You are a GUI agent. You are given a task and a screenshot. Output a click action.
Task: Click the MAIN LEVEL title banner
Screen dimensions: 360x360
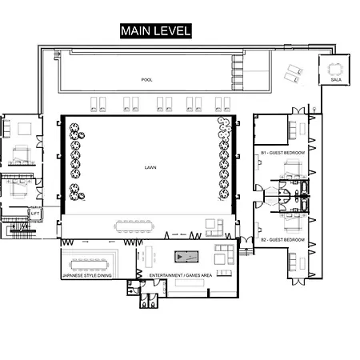click(156, 31)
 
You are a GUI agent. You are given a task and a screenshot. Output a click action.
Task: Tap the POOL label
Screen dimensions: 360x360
click(146, 80)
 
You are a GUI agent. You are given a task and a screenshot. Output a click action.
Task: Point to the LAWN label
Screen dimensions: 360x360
click(150, 167)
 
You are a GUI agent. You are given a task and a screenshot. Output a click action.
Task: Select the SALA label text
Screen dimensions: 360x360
click(336, 80)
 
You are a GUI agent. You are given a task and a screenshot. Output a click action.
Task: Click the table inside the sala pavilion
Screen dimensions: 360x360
click(334, 70)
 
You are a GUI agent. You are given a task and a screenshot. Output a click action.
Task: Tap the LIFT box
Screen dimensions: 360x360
click(35, 214)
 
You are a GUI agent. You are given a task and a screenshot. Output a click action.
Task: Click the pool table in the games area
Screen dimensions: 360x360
click(186, 257)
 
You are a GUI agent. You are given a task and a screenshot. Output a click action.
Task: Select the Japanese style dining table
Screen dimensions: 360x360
click(89, 265)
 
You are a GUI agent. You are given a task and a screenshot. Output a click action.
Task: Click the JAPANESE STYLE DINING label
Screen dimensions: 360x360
click(87, 275)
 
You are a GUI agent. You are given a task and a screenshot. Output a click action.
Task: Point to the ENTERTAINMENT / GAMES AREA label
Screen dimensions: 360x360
click(181, 275)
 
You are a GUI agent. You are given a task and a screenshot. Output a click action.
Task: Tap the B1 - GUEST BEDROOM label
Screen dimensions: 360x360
click(282, 153)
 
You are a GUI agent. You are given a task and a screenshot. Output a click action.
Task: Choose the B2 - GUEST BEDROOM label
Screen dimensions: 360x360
click(282, 240)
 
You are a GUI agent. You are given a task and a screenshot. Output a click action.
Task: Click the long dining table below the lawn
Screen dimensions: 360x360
click(134, 226)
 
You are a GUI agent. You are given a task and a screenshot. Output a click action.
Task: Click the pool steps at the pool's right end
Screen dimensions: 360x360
click(237, 73)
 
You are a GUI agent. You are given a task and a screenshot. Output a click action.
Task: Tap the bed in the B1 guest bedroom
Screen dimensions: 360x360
click(293, 169)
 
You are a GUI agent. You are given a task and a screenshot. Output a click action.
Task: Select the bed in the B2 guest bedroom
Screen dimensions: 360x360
click(293, 223)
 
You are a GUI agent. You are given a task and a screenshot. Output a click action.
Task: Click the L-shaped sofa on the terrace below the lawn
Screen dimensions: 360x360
click(214, 228)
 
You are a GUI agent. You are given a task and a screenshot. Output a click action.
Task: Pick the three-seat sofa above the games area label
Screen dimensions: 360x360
click(224, 273)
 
